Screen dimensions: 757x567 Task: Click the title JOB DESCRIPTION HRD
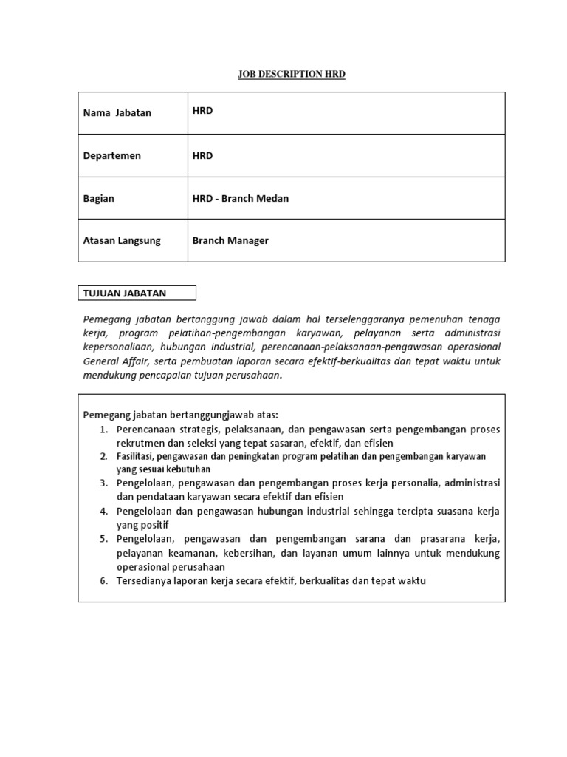tap(291, 75)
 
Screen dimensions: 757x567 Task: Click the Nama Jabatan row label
tap(117, 113)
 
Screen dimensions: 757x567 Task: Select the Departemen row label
tap(112, 156)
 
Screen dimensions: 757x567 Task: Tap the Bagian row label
tap(100, 199)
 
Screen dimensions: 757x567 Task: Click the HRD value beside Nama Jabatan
tap(202, 112)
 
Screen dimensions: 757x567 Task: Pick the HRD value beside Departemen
tap(202, 156)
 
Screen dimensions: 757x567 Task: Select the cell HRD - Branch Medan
tap(241, 199)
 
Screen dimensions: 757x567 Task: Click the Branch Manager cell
tap(230, 241)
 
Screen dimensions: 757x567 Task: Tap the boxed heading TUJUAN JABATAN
tap(125, 293)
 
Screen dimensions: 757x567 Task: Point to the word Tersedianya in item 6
tap(147, 581)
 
